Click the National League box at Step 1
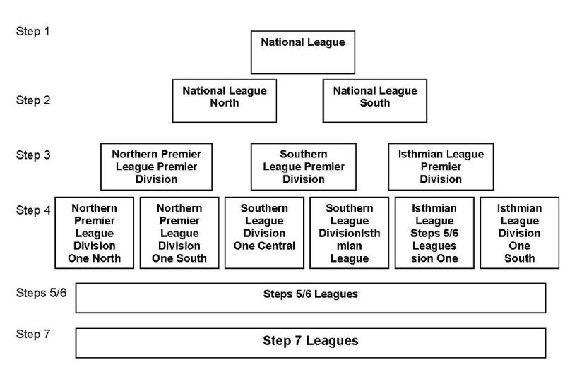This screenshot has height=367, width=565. tap(303, 52)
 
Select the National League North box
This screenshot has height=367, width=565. tap(225, 100)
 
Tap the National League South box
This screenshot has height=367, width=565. tap(375, 100)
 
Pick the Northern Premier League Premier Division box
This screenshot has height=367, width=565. tap(156, 167)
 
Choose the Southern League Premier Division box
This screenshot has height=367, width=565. tap(304, 167)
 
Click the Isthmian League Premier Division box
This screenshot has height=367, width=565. tap(441, 167)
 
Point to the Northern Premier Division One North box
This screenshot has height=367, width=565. tap(94, 233)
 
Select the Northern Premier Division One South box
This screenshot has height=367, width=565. tap(179, 233)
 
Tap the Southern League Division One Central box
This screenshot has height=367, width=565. tap(264, 233)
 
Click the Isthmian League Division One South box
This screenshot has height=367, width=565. tap(519, 233)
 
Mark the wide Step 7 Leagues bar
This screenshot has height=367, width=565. tap(310, 342)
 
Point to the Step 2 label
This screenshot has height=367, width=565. tap(33, 100)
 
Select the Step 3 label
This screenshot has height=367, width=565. tap(33, 155)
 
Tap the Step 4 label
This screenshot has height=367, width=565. tap(33, 210)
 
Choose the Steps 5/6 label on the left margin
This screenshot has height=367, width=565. tap(41, 291)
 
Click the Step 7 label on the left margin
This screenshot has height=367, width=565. tap(33, 334)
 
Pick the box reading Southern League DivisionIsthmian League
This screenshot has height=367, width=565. tap(349, 233)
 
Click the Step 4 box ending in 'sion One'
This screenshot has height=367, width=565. tap(434, 233)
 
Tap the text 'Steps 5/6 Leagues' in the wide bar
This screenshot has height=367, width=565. tap(310, 294)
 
